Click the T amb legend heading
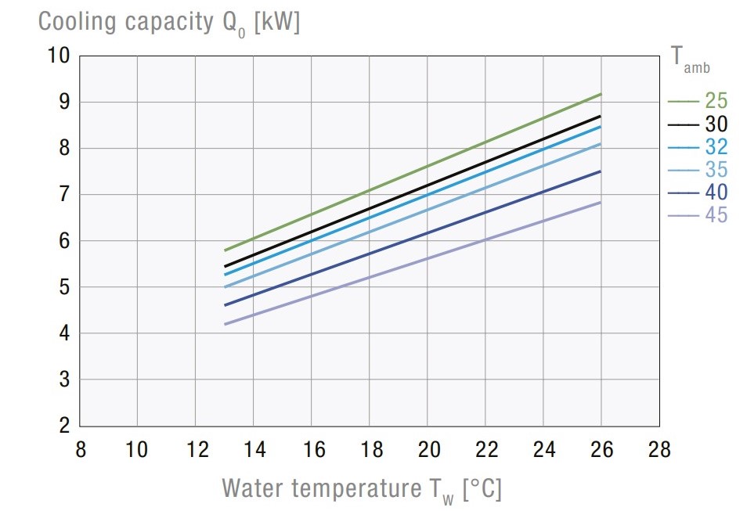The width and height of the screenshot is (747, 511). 691,58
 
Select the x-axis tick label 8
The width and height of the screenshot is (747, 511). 80,450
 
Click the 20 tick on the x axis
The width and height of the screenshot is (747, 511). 428,450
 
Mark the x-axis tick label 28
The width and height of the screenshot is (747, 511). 660,450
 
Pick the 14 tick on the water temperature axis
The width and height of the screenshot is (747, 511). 254,450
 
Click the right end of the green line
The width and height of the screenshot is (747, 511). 601,94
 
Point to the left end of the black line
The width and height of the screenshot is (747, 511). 226,266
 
